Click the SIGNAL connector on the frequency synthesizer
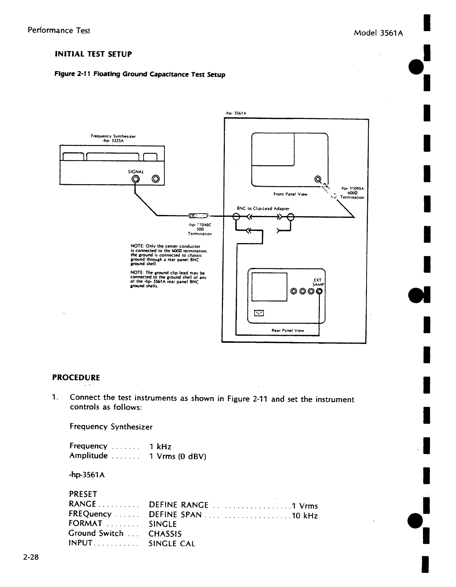point(136,180)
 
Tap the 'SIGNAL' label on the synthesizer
point(135,172)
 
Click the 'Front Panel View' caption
point(290,194)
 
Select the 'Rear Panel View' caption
point(288,331)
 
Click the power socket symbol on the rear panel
point(259,314)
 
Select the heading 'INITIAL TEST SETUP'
point(93,54)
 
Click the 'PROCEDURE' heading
point(76,378)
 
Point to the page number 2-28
point(32,557)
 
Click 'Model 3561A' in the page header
point(378,33)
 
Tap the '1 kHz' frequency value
point(160,447)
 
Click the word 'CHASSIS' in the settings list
point(165,534)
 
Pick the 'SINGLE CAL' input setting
point(172,544)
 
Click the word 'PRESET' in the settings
point(83,494)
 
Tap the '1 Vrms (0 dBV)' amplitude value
point(177,456)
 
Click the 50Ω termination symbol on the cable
point(199,215)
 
